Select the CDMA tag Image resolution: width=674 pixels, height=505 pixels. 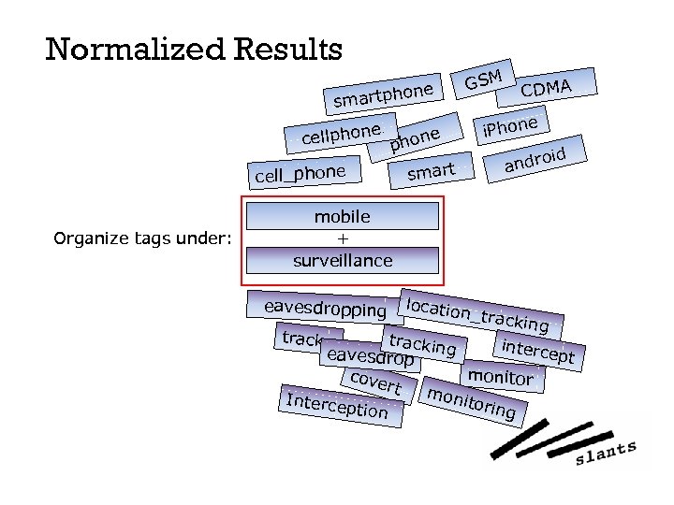[x=546, y=88]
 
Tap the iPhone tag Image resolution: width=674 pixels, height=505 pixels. [x=510, y=125]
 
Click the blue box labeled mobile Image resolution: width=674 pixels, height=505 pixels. [x=342, y=216]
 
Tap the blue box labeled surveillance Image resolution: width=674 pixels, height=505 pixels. [x=342, y=260]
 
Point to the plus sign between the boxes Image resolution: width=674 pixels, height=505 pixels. [x=342, y=238]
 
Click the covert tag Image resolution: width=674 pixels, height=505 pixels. [x=374, y=382]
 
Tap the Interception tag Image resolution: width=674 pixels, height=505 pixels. [x=337, y=406]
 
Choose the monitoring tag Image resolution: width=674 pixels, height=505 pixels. [x=471, y=400]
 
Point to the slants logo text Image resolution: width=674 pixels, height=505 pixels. [x=606, y=454]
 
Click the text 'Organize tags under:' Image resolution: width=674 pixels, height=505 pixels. [x=142, y=239]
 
